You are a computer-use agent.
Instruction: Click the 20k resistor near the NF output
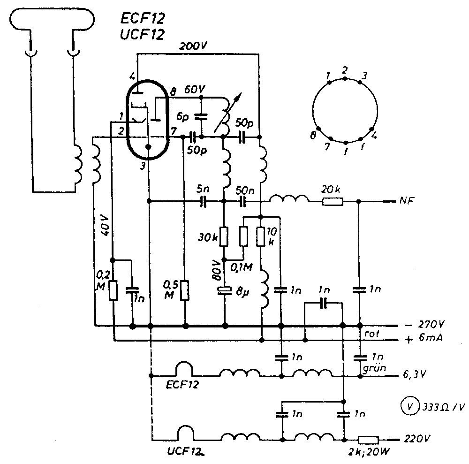click(333, 202)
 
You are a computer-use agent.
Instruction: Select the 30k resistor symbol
click(225, 236)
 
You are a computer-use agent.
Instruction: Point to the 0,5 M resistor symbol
click(185, 290)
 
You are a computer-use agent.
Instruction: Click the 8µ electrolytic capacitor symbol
click(225, 290)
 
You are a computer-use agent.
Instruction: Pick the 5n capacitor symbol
click(204, 202)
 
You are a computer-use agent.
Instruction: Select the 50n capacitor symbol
click(243, 202)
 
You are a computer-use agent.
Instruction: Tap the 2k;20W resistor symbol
click(368, 440)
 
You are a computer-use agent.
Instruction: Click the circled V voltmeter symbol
click(408, 405)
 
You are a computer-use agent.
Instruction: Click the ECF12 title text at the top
click(143, 19)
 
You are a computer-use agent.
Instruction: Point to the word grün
click(372, 368)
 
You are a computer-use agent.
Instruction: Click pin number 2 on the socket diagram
click(345, 70)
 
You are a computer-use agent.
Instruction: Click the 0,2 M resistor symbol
click(113, 290)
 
